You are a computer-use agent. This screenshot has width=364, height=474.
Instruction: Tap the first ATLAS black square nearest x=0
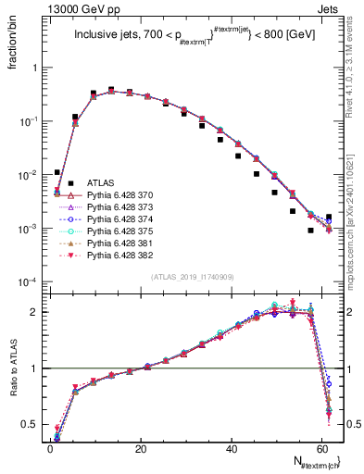57,172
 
